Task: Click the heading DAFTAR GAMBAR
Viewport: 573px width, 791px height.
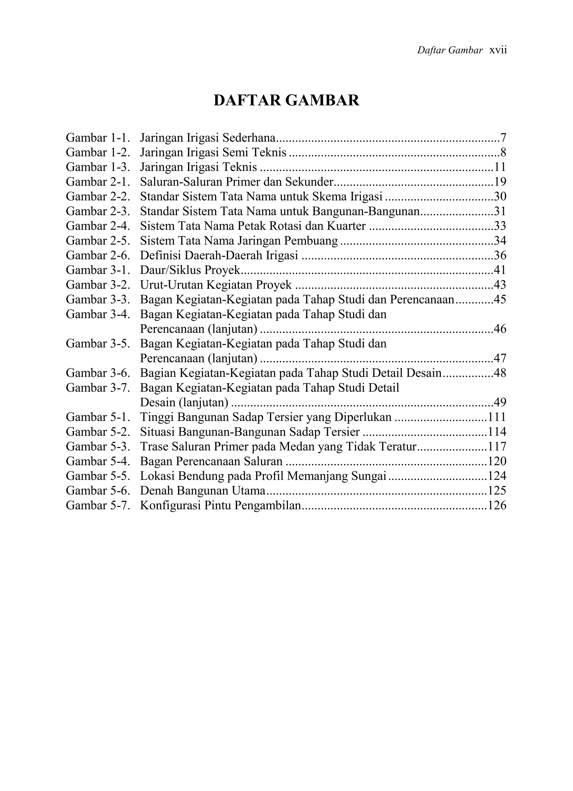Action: point(286,101)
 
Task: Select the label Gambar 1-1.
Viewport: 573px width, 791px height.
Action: point(98,138)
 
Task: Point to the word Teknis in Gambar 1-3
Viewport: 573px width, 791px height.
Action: point(239,167)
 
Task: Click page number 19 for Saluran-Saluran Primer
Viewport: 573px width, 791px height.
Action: point(500,182)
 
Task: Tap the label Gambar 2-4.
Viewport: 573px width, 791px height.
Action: point(98,226)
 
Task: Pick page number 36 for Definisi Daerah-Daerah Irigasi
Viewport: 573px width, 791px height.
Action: point(500,256)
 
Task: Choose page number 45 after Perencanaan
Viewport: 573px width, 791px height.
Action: point(500,300)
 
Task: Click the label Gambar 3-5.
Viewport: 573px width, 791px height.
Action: point(98,344)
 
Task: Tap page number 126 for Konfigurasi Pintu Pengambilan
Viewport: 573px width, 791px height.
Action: point(497,505)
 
